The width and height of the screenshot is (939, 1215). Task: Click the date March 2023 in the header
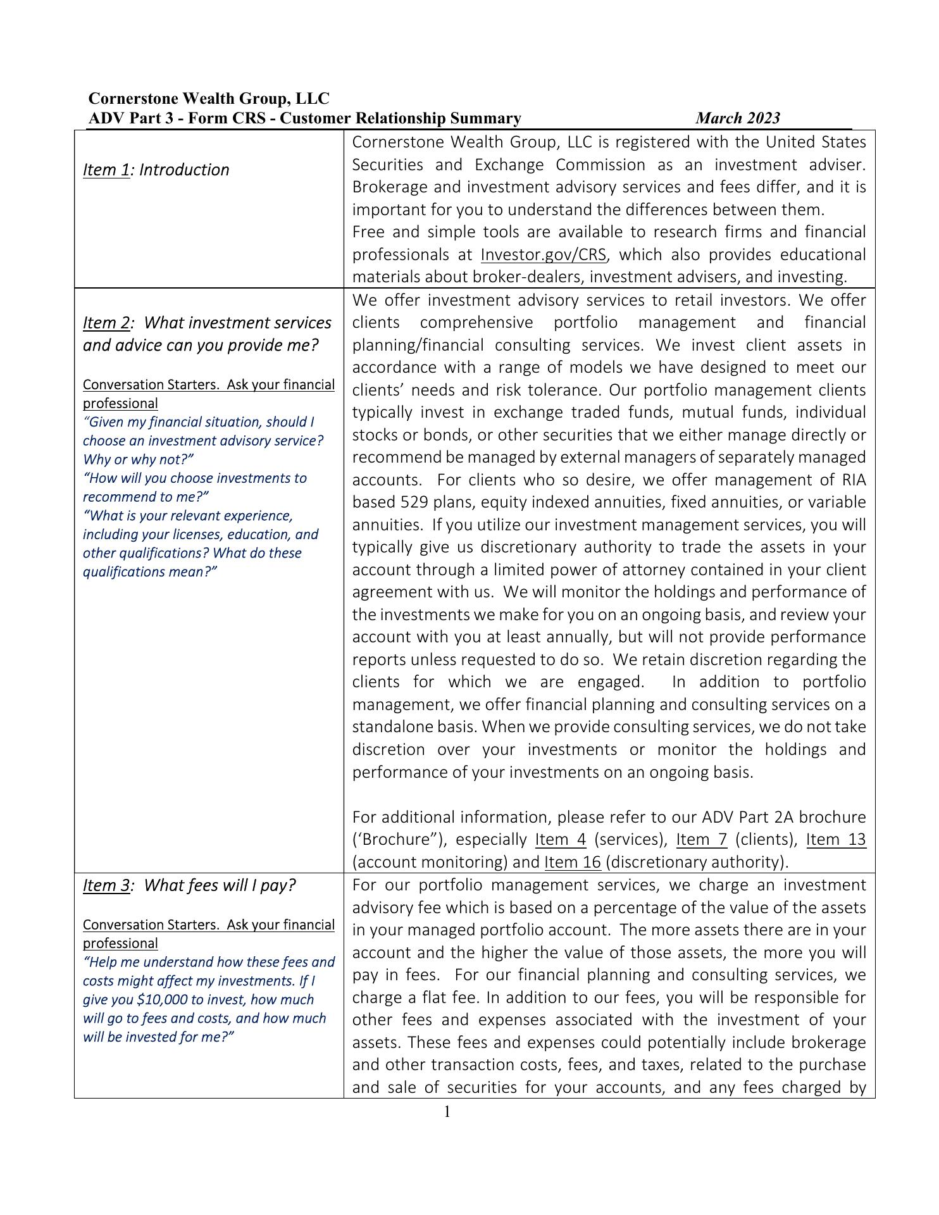point(737,118)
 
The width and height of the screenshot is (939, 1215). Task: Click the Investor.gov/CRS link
point(543,255)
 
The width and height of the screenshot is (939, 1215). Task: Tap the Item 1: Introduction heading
point(156,170)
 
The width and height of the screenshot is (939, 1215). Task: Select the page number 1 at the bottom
point(447,1112)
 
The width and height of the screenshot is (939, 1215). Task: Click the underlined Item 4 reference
point(561,840)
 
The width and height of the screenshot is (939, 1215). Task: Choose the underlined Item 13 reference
point(836,840)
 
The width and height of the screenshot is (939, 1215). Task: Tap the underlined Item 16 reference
point(572,863)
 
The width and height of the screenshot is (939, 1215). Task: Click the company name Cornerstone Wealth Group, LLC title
point(209,99)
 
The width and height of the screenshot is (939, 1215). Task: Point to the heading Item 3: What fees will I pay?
point(189,885)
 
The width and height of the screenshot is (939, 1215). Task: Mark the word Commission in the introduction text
point(600,165)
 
